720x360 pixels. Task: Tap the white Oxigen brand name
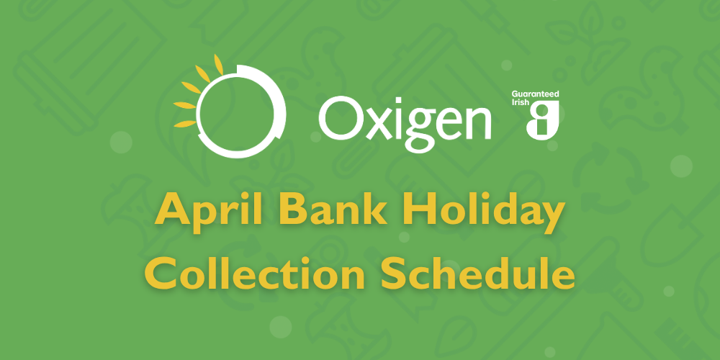click(406, 120)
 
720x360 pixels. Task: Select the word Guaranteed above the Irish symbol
click(535, 94)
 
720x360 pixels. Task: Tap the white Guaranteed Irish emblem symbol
click(543, 120)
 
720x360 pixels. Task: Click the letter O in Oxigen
click(341, 119)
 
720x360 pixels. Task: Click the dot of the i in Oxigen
click(395, 101)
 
